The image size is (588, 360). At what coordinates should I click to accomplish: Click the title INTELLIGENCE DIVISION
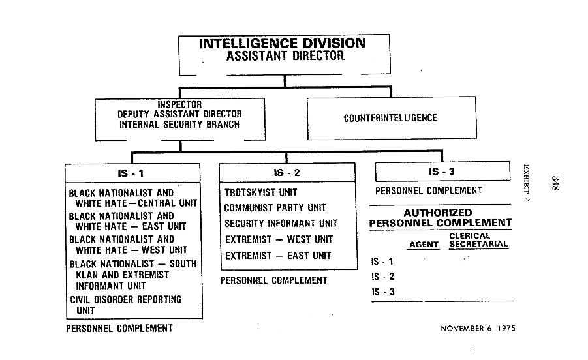(282, 44)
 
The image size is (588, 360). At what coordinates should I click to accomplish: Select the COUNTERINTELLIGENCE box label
(390, 118)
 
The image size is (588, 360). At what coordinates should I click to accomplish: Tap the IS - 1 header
(133, 173)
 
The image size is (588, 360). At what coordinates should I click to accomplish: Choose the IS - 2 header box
(287, 173)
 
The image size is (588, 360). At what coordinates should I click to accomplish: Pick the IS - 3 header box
(442, 172)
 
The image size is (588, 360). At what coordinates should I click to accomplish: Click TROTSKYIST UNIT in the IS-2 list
(261, 193)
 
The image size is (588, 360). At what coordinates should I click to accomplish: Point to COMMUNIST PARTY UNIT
(275, 208)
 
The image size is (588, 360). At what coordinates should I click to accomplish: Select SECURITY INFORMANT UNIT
(281, 224)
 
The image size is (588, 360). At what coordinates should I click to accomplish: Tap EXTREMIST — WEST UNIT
(279, 239)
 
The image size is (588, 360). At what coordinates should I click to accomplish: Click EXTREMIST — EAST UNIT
(278, 256)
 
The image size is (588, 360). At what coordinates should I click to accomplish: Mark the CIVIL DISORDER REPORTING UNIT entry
(125, 305)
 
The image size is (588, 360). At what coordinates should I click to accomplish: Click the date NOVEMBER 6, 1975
(478, 329)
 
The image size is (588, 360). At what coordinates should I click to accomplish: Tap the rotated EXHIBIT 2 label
(526, 183)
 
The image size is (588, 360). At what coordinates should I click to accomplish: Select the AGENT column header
(423, 245)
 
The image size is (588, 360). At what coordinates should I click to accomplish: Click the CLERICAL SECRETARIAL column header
(478, 241)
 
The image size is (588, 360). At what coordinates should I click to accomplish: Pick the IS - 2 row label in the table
(382, 277)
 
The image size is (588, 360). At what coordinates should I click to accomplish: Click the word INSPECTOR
(180, 104)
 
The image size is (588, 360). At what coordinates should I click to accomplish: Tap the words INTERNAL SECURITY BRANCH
(180, 123)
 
